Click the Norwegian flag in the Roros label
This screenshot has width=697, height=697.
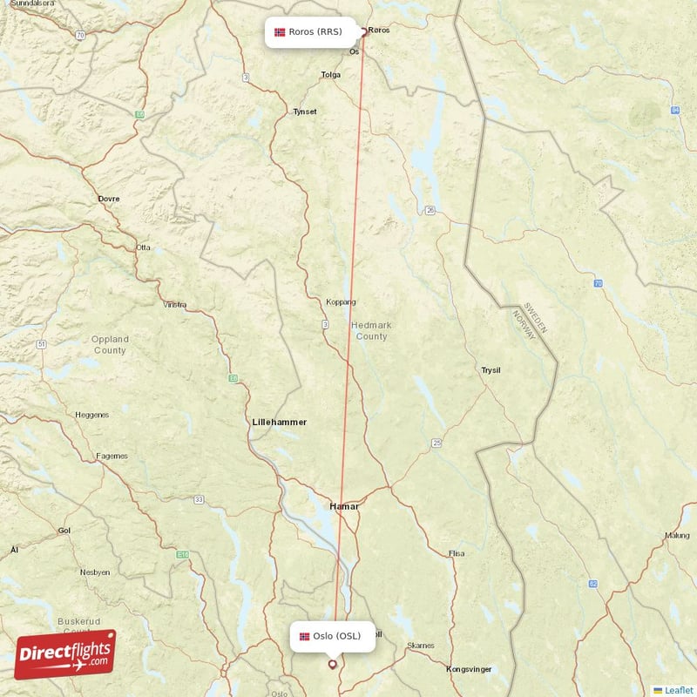coord(280,33)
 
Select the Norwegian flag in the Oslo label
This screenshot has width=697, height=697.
coord(304,636)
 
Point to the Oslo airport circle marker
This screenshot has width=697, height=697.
coord(332,664)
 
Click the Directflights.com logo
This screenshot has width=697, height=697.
coord(64,654)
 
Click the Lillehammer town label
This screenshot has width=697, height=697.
coord(279,422)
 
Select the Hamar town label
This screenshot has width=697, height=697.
coord(343,506)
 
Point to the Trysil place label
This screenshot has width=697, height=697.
coord(491,370)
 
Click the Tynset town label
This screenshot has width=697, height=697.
coord(305,112)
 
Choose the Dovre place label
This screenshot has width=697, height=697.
coord(109,199)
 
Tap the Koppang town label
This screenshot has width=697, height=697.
coord(341,302)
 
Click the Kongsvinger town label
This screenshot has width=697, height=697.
coord(469,669)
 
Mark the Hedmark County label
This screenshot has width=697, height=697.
coord(371,330)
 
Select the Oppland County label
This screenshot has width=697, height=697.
coord(111,345)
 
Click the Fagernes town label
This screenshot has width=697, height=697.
coord(112,456)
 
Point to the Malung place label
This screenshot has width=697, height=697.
coord(677,536)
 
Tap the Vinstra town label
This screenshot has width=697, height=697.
coord(175,305)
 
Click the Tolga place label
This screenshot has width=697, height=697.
coord(331,75)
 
